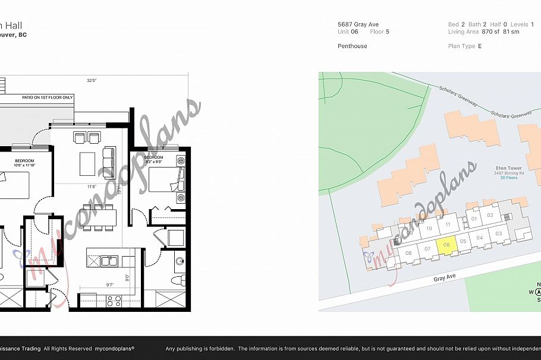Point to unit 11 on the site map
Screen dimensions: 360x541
pyautogui.click(x=448, y=224)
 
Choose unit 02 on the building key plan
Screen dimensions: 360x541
pyautogui.click(x=490, y=216)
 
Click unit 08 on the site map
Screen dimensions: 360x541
pyautogui.click(x=408, y=254)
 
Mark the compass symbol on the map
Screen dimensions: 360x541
pyautogui.click(x=538, y=292)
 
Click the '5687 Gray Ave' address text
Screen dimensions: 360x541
pyautogui.click(x=358, y=24)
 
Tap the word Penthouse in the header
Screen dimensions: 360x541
pyautogui.click(x=353, y=46)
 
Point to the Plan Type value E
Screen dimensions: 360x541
pyautogui.click(x=479, y=46)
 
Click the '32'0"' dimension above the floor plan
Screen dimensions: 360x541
pyautogui.click(x=92, y=80)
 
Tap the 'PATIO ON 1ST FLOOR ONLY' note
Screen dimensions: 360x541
pyautogui.click(x=48, y=97)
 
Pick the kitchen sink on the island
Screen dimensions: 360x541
pyautogui.click(x=108, y=260)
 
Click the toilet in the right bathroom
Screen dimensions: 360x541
pyautogui.click(x=178, y=279)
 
